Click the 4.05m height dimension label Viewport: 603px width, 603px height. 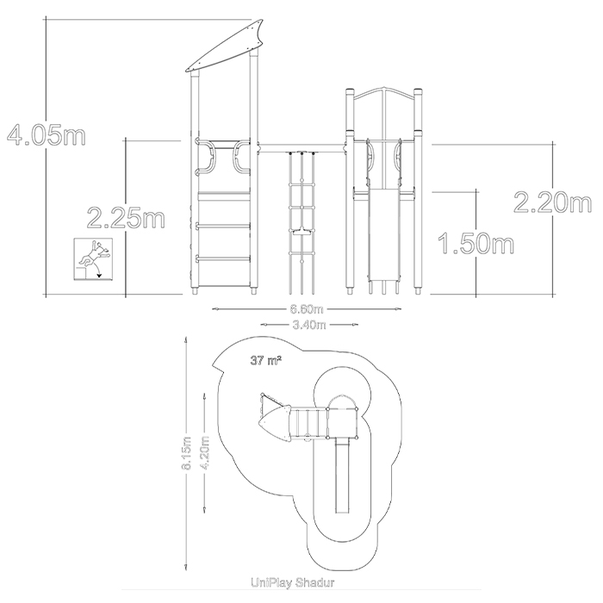coord(47,134)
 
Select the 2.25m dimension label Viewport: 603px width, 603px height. coord(126,218)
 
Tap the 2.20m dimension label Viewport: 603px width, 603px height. coord(553,202)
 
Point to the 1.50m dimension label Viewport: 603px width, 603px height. coord(476,243)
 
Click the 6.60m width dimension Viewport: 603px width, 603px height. coord(307,308)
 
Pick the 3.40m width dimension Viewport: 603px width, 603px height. coord(309,325)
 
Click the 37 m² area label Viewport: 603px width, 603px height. coord(265,361)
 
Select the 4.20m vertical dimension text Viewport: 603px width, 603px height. coord(205,452)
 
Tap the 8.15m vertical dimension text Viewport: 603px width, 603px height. coord(187,452)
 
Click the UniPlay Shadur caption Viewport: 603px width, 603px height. coord(293,582)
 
